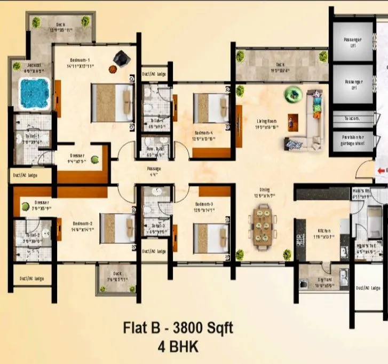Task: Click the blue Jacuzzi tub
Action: pos(34,93)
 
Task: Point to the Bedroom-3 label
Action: pos(205,205)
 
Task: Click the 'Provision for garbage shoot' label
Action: pos(352,140)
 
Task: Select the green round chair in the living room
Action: pos(293,95)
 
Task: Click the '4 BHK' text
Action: pos(178,346)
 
